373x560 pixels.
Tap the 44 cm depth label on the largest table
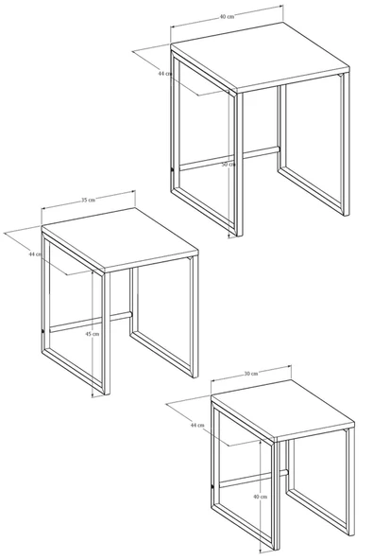165,73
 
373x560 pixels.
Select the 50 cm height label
227,165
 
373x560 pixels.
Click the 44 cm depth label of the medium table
35,254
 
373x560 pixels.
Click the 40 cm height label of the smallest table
260,496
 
